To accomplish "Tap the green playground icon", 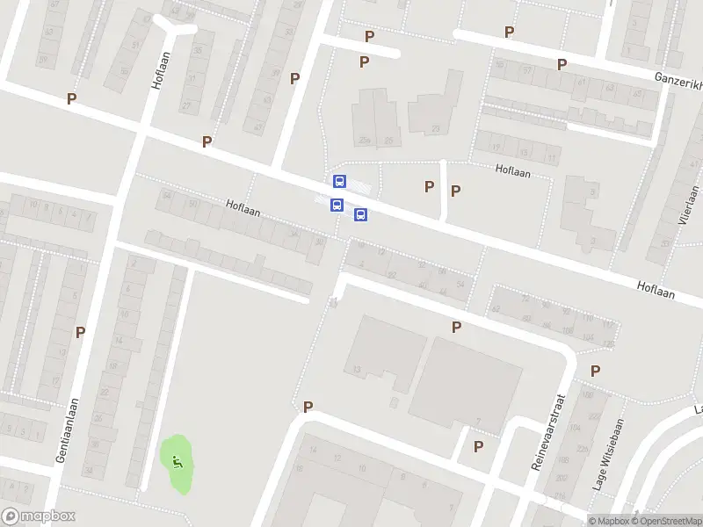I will click(x=178, y=460).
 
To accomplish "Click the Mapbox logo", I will click(x=39, y=516).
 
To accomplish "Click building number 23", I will click(x=436, y=129).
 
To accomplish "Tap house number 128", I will click(x=608, y=344).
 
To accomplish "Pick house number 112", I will click(x=607, y=326).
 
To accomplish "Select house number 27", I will click(x=186, y=105).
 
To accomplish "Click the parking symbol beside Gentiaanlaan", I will click(x=81, y=332).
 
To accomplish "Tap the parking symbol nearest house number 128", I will click(x=596, y=371).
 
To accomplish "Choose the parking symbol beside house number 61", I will click(x=562, y=64).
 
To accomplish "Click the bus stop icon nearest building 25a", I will click(x=339, y=181).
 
